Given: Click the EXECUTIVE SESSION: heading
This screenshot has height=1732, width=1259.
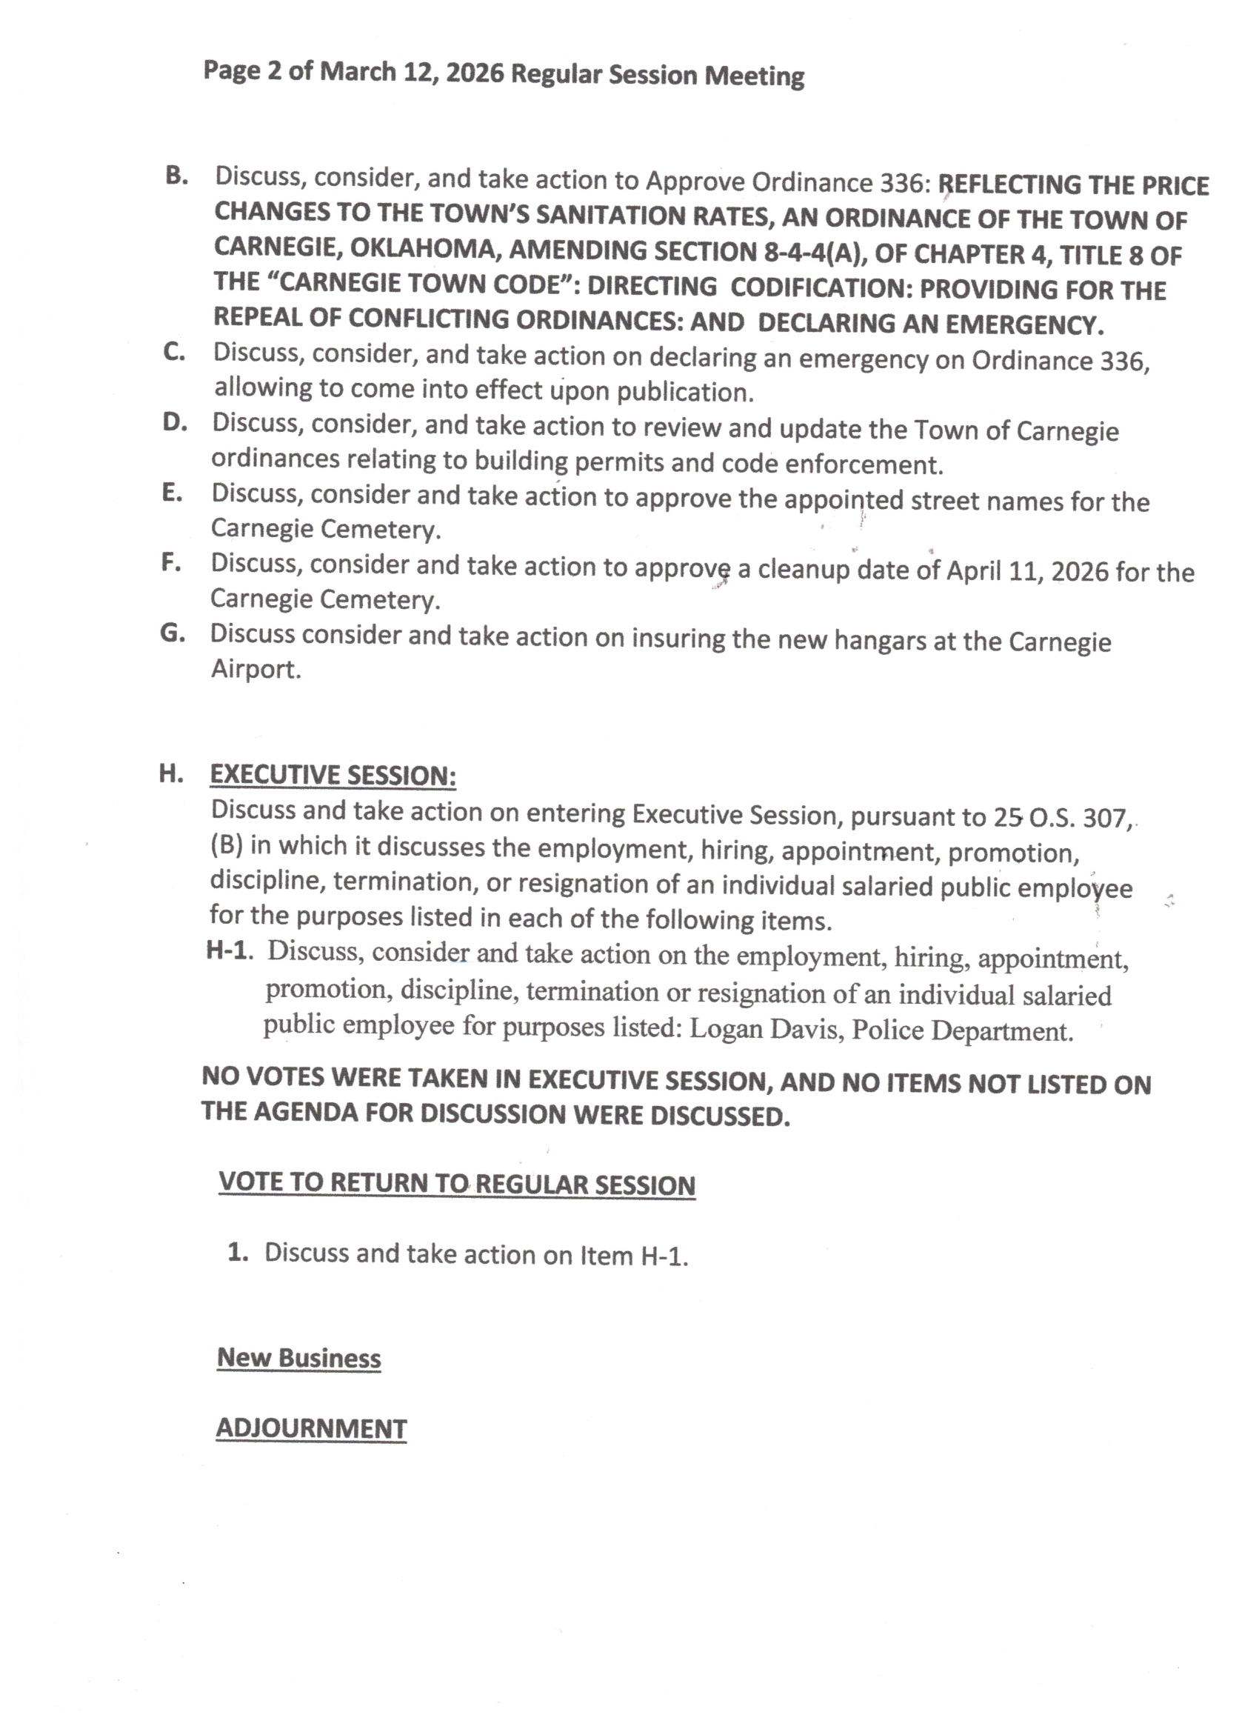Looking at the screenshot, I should coord(333,775).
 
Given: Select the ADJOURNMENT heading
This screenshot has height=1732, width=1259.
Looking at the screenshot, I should coord(311,1428).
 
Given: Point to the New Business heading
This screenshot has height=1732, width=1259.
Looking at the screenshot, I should coord(298,1358).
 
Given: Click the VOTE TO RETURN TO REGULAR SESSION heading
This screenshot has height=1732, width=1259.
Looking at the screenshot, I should coord(456,1184).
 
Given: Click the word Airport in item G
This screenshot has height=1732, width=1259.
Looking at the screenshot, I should coord(256,669).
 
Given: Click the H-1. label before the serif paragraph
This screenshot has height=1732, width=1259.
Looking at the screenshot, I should coord(229,950).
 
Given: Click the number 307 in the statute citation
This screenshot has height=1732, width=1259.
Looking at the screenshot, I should coord(1105,818).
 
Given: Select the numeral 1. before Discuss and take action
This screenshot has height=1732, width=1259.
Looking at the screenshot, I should coord(238,1253).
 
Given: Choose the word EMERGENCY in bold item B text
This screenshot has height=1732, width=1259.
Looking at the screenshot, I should coord(1023,324).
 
